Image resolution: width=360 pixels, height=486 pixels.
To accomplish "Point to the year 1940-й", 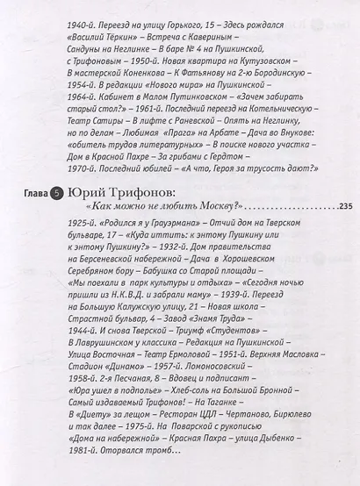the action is pyautogui.click(x=84, y=14).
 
